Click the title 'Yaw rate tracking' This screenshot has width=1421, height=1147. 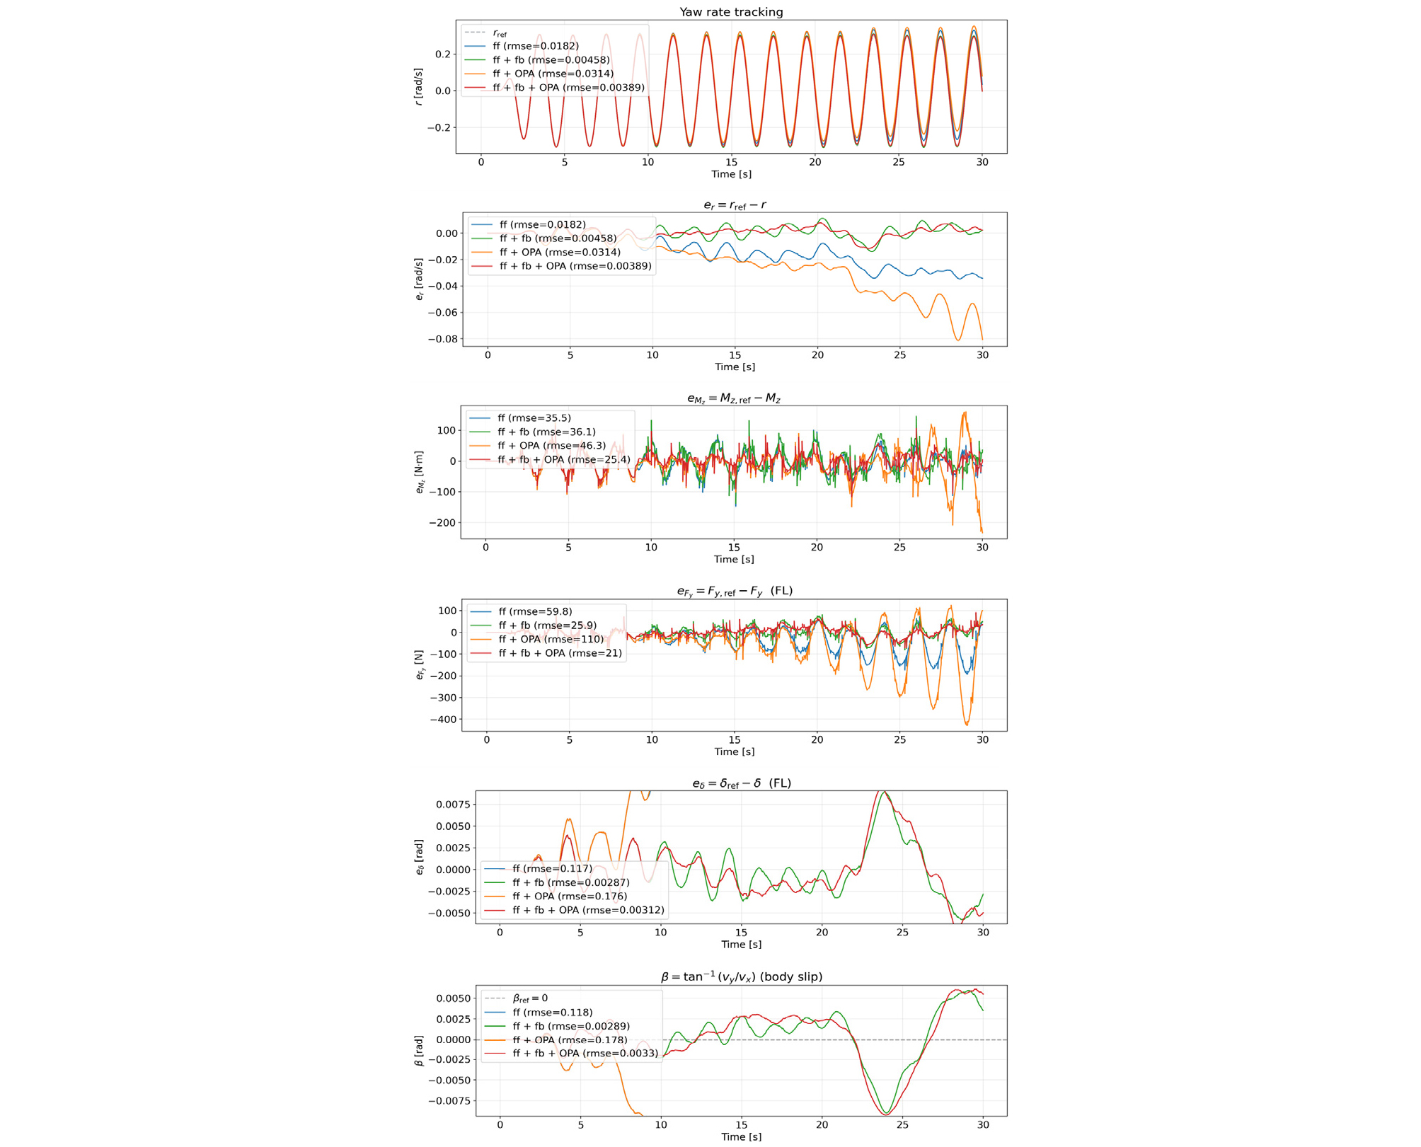pos(730,12)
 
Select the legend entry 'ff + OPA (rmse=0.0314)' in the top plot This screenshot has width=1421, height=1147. pos(553,74)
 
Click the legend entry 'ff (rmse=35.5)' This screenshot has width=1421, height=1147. pos(534,418)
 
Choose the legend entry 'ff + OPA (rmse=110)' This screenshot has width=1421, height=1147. pos(551,639)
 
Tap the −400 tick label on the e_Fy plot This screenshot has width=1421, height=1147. pos(440,720)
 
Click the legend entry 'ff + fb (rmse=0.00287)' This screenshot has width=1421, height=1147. pos(570,882)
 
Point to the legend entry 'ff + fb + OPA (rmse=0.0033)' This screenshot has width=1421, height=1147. pos(585,1054)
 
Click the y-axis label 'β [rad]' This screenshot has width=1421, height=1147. pos(419,1051)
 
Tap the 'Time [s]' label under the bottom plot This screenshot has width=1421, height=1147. pos(741,1136)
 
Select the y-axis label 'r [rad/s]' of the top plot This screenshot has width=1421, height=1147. pos(419,86)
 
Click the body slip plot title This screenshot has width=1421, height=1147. pos(741,977)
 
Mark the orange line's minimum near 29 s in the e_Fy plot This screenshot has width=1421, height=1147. pos(967,724)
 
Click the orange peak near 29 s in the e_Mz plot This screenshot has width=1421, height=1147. pos(964,413)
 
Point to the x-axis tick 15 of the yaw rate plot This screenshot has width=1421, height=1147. pos(731,162)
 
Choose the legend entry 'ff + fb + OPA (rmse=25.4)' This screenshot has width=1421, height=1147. pos(563,460)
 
